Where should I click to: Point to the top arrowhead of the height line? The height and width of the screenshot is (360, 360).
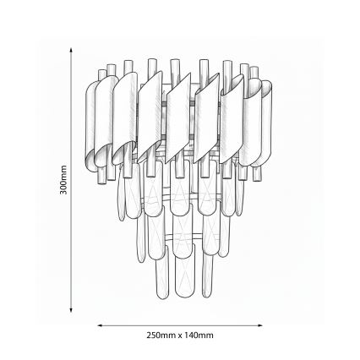[70, 49]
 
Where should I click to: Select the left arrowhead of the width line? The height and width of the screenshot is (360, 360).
[100, 324]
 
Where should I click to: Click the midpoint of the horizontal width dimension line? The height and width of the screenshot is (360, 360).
[180, 324]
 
